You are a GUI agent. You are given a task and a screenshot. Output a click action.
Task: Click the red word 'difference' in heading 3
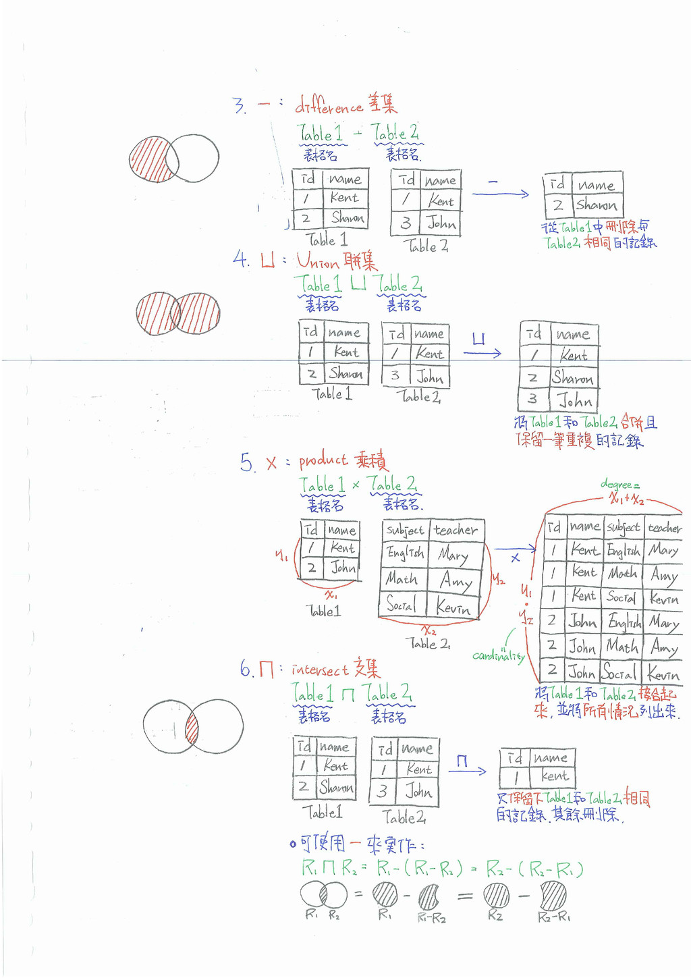[x=329, y=107]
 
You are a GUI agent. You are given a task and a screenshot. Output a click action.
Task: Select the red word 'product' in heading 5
[x=323, y=460]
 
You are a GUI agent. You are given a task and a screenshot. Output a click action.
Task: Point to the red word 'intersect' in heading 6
[x=320, y=670]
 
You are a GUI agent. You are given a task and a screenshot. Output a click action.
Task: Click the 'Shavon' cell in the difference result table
[x=596, y=205]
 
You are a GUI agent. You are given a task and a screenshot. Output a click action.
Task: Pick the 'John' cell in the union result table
[x=574, y=402]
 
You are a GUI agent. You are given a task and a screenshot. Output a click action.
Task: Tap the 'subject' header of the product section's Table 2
[x=405, y=531]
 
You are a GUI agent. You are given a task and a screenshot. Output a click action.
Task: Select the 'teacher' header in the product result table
[x=664, y=527]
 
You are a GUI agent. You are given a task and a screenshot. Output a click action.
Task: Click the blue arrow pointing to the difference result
[x=500, y=194]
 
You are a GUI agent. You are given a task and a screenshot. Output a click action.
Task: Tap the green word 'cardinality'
[x=498, y=655]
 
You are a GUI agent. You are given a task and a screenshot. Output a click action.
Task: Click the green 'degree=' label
[x=619, y=485]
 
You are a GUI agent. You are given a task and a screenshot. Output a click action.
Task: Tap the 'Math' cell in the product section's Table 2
[x=402, y=579]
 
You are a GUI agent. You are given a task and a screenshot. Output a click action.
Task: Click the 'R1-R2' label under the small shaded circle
[x=431, y=918]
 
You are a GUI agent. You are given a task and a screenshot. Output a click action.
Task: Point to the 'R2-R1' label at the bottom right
[x=554, y=917]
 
